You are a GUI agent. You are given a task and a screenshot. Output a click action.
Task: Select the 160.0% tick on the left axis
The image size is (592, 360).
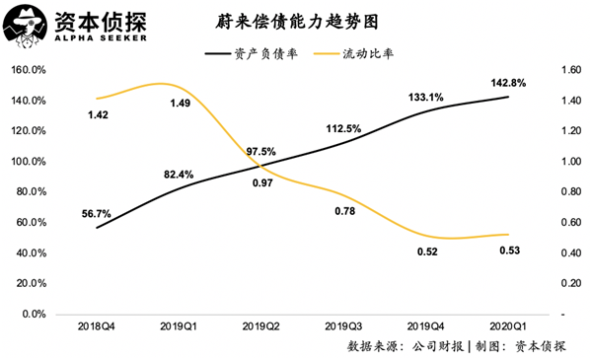pyautogui.click(x=29, y=71)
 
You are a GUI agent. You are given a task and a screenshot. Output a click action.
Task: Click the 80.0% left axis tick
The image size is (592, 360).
pyautogui.click(x=31, y=192)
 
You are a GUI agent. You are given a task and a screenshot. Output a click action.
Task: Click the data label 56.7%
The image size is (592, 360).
pyautogui.click(x=97, y=213)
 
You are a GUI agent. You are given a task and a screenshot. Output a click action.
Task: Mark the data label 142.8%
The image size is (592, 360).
pyautogui.click(x=509, y=83)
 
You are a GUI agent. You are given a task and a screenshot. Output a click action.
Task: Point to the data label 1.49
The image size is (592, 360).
pyautogui.click(x=180, y=104)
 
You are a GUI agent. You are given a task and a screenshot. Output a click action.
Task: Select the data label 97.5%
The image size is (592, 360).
pyautogui.click(x=259, y=151)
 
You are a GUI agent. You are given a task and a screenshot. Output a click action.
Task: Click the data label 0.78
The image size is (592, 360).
pyautogui.click(x=344, y=211)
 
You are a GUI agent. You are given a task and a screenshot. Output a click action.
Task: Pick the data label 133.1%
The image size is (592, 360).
pyautogui.click(x=423, y=97)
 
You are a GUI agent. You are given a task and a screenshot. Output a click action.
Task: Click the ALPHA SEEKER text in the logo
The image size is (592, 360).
pyautogui.click(x=91, y=40)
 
